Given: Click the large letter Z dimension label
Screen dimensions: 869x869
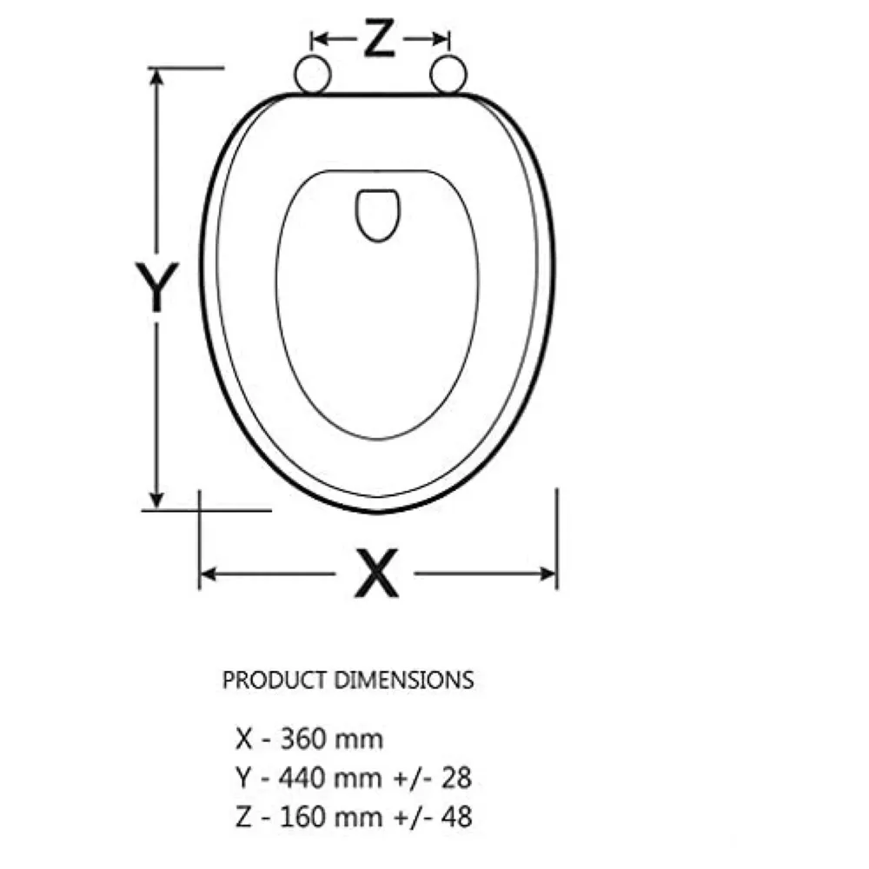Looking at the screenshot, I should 379,38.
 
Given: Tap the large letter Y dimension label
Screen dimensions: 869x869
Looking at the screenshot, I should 156,287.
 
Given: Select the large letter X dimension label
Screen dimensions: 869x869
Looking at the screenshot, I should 375,574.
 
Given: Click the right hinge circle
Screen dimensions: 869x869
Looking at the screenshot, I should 448,75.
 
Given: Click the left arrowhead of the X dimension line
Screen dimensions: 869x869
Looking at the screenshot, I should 208,574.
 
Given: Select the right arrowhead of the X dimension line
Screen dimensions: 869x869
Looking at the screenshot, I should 549,574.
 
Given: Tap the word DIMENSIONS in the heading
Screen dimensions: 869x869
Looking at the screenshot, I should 404,680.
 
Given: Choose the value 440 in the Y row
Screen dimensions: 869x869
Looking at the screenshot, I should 302,779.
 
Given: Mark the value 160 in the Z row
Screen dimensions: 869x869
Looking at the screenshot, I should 302,818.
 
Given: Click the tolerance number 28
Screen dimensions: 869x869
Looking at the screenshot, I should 457,779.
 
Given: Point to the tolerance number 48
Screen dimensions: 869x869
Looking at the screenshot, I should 457,818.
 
